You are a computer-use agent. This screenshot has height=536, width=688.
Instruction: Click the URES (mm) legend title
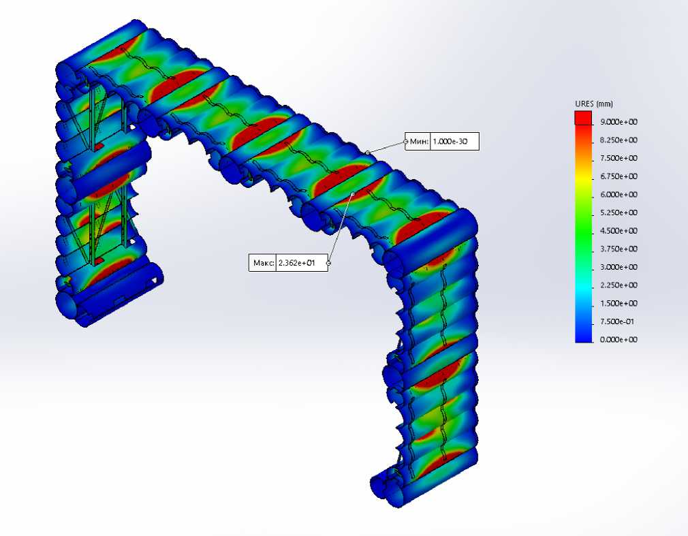click(x=594, y=104)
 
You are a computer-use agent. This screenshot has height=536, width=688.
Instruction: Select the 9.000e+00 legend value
click(x=619, y=122)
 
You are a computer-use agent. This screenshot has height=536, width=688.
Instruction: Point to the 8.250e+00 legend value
click(x=619, y=140)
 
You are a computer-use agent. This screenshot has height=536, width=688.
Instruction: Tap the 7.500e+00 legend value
click(x=619, y=158)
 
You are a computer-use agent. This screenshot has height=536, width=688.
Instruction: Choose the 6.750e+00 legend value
click(x=619, y=176)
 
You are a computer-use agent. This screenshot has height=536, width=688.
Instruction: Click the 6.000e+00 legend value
click(x=619, y=195)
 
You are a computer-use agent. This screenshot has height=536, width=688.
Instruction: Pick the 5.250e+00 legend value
click(x=619, y=212)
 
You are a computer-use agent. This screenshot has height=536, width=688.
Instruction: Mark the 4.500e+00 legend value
click(x=619, y=231)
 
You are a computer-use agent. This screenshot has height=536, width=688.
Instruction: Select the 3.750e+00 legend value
click(x=619, y=249)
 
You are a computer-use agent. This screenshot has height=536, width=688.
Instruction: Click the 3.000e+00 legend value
click(x=619, y=267)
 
